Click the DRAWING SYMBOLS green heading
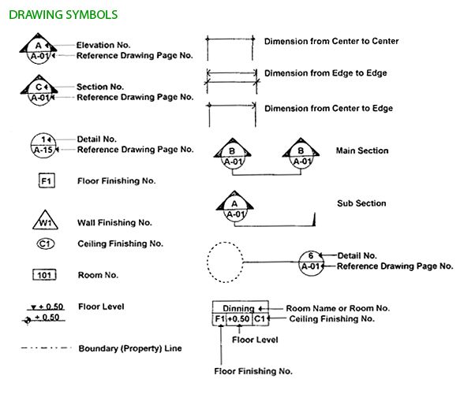[63, 15]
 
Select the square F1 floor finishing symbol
[47, 180]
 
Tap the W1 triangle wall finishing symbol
[45, 220]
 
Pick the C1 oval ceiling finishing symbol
[45, 243]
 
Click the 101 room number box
[44, 275]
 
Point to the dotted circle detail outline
[207, 262]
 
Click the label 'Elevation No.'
[103, 45]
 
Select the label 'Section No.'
[100, 87]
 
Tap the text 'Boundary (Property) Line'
[130, 348]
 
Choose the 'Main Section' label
[362, 151]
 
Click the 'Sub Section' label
[361, 203]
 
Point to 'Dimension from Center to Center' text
[331, 42]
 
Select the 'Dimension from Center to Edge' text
[328, 109]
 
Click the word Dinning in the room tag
[238, 309]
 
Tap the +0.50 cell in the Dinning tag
[239, 319]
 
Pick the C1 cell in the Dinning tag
[260, 319]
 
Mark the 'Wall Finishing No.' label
[114, 222]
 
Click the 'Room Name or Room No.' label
[338, 309]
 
